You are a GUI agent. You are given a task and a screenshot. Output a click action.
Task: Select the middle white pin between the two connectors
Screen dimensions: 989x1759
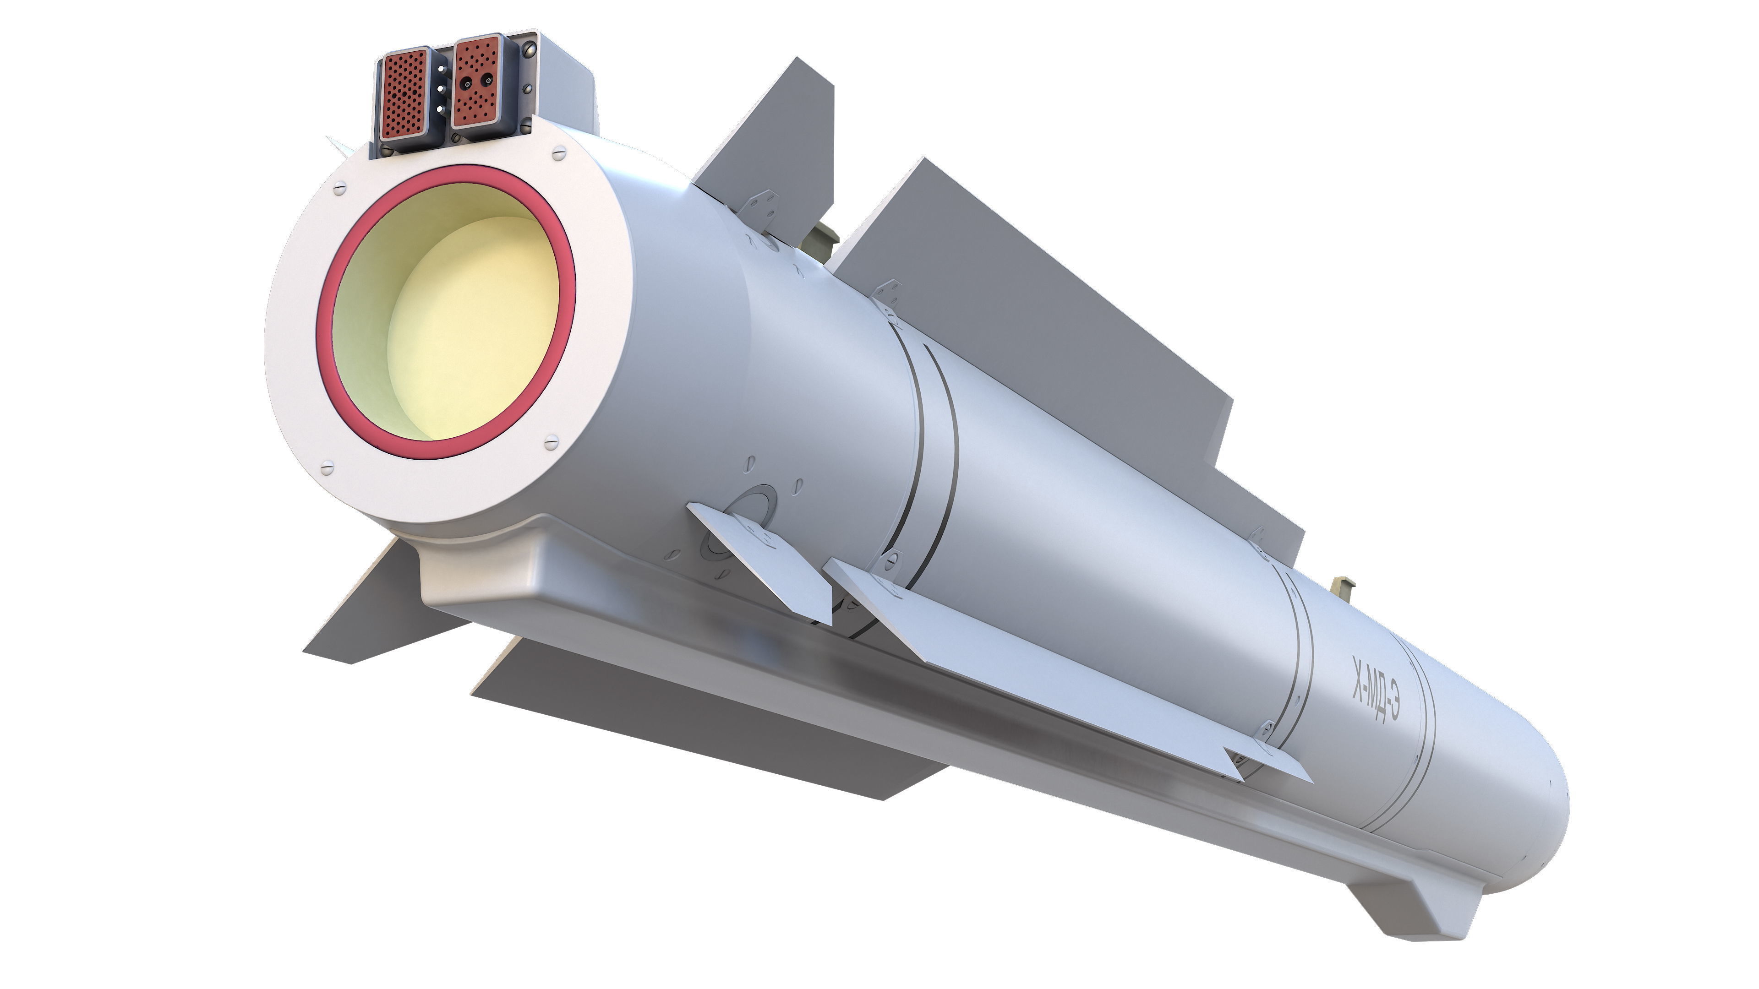pos(439,89)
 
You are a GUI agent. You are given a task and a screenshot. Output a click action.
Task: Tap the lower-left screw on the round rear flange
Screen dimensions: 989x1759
pos(327,468)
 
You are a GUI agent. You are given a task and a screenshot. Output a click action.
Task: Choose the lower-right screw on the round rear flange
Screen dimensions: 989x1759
pos(550,443)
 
